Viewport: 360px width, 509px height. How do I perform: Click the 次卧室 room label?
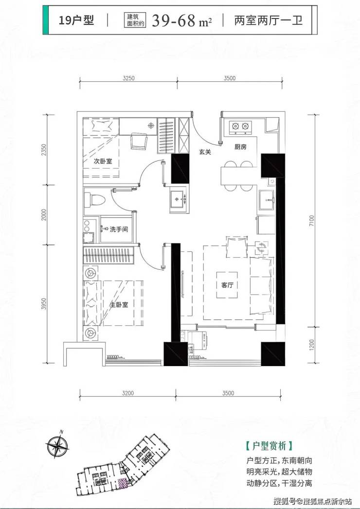103,161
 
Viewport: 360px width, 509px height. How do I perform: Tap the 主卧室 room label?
119,305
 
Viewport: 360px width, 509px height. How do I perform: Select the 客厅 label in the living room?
227,285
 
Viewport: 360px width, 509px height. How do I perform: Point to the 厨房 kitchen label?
240,147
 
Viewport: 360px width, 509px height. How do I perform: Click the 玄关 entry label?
205,152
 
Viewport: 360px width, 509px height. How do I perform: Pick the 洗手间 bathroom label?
119,229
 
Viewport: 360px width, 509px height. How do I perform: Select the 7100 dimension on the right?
312,221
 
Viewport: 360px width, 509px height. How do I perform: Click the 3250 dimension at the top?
128,78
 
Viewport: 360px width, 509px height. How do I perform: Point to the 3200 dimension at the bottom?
127,393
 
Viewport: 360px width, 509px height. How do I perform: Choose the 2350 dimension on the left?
44,150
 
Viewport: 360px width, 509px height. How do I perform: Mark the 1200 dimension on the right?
312,345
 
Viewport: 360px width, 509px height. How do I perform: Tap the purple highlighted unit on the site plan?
122,483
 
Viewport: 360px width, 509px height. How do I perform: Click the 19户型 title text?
76,20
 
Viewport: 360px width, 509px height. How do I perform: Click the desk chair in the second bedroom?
139,142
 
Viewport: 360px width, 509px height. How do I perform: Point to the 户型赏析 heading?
270,446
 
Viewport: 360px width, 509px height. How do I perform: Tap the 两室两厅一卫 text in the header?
269,20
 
